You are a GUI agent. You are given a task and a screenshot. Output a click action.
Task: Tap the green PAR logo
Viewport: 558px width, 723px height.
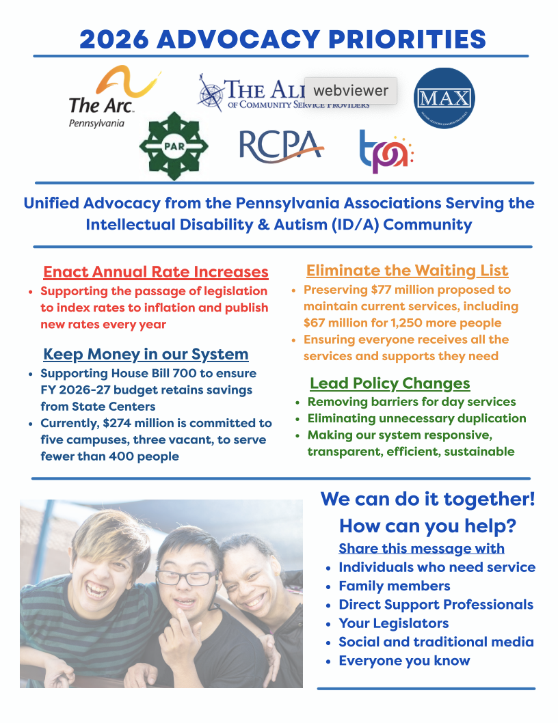[174, 146]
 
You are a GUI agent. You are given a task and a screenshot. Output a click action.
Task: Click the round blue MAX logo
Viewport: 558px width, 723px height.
[444, 97]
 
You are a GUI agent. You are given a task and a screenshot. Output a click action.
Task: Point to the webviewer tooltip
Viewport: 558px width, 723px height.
[350, 90]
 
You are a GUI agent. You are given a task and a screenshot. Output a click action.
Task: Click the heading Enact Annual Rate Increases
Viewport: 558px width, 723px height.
[155, 272]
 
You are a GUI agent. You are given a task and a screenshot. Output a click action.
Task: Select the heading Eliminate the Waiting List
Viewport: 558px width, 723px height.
[407, 271]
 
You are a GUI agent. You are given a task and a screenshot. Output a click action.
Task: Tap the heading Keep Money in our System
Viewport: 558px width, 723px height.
[146, 354]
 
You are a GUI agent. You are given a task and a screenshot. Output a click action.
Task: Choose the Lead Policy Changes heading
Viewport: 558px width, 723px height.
[390, 383]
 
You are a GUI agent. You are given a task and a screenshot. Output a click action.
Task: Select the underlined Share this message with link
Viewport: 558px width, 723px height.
[421, 548]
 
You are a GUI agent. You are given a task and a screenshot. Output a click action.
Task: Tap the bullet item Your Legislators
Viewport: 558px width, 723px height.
[393, 623]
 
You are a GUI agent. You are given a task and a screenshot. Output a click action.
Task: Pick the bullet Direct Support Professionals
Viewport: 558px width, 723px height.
[436, 605]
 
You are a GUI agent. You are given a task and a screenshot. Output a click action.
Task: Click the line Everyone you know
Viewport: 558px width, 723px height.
[404, 660]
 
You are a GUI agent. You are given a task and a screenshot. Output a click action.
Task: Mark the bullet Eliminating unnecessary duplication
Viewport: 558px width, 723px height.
[416, 418]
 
